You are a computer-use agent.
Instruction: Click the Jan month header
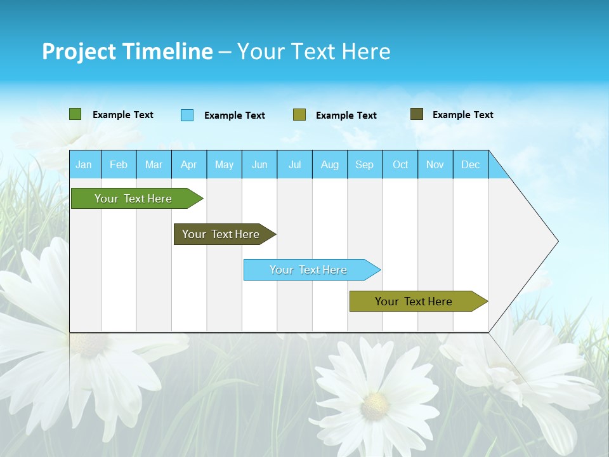84,165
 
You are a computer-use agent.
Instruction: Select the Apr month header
189,165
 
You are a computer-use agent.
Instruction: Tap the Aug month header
330,165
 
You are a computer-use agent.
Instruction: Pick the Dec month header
471,165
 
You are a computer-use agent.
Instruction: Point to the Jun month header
259,165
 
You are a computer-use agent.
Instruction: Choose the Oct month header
400,165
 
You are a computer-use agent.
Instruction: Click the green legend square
75,114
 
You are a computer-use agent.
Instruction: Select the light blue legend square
187,115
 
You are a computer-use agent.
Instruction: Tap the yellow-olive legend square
299,115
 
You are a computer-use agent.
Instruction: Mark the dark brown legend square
417,114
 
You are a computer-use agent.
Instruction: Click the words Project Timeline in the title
127,51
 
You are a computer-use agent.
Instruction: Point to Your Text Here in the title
313,51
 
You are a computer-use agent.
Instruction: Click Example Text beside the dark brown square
462,115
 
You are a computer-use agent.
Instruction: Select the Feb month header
119,165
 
